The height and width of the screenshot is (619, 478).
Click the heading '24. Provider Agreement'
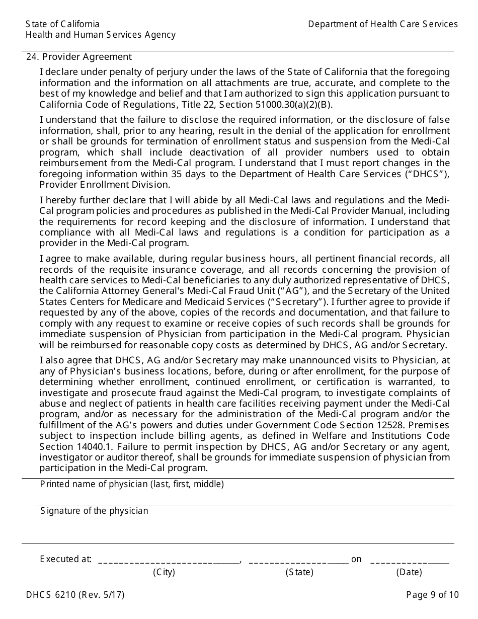pyautogui.click(x=79, y=57)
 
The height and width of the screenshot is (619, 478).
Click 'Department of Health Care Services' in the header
pyautogui.click(x=382, y=24)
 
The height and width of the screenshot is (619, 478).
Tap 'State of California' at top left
pyautogui.click(x=62, y=24)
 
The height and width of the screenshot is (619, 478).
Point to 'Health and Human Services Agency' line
pyautogui.click(x=101, y=35)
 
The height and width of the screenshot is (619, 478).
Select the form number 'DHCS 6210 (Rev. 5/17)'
pyautogui.click(x=75, y=595)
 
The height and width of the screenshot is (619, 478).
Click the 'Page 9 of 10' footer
pyautogui.click(x=432, y=595)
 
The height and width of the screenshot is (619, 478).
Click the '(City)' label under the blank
pyautogui.click(x=164, y=572)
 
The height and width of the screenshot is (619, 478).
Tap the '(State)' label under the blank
pyautogui.click(x=299, y=572)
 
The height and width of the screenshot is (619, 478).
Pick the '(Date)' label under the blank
pyautogui.click(x=409, y=572)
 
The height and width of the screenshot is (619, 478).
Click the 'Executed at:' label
pyautogui.click(x=65, y=559)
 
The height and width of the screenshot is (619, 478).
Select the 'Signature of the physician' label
pyautogui.click(x=94, y=511)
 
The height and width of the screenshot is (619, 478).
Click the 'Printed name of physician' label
pyautogui.click(x=132, y=484)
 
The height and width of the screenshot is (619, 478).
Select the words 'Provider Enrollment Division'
pyautogui.click(x=104, y=184)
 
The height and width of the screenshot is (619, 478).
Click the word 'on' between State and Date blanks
pyautogui.click(x=356, y=559)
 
